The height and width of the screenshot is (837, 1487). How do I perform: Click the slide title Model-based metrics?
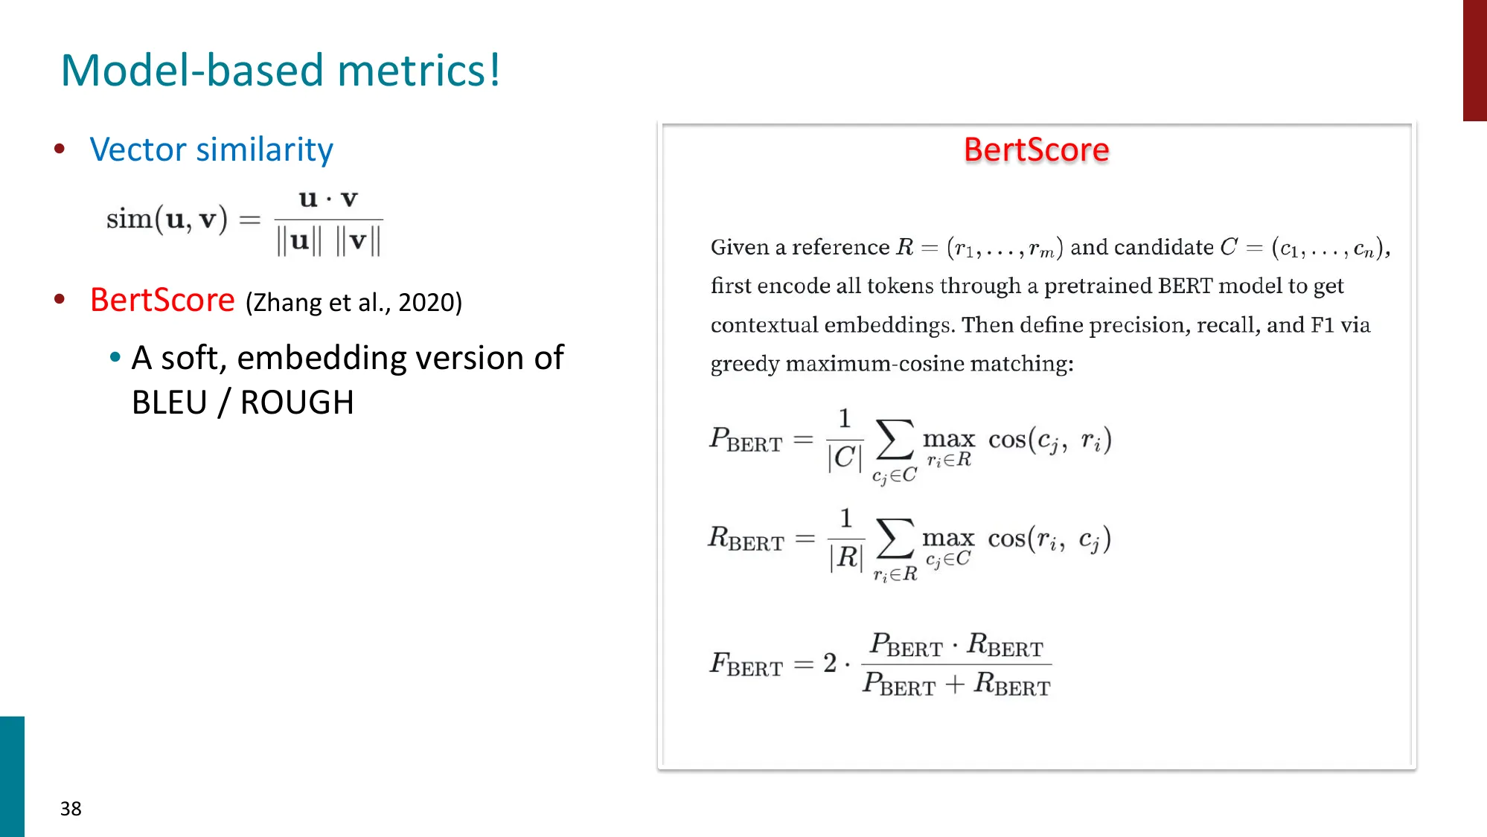[281, 71]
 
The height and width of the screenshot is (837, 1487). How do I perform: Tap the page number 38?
[71, 809]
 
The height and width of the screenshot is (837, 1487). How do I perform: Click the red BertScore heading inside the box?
[1036, 150]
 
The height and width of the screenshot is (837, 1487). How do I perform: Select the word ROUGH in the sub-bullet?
[297, 403]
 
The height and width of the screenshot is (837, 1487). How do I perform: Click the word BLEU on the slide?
[170, 403]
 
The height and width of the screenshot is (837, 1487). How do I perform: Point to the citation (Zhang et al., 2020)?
[354, 303]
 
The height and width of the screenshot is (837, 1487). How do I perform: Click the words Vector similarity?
[211, 150]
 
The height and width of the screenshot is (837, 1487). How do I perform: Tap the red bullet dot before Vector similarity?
[60, 149]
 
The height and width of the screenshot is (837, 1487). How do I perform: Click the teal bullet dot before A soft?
[115, 358]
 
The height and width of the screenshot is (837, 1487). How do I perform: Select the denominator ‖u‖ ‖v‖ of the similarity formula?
[328, 241]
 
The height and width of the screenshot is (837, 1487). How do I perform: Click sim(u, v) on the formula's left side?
[167, 219]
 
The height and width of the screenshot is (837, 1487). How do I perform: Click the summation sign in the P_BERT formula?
[895, 440]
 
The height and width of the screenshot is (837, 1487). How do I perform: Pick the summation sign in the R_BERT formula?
[895, 539]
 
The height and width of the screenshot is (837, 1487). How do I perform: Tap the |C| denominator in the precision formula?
[845, 458]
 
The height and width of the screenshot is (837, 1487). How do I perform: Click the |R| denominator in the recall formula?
[846, 557]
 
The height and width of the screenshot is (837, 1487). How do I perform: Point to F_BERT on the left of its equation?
[746, 664]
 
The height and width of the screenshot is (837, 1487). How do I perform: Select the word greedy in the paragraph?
[744, 364]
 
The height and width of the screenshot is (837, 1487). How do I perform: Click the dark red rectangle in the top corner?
[1474, 60]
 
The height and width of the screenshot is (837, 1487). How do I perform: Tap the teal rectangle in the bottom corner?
[12, 776]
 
